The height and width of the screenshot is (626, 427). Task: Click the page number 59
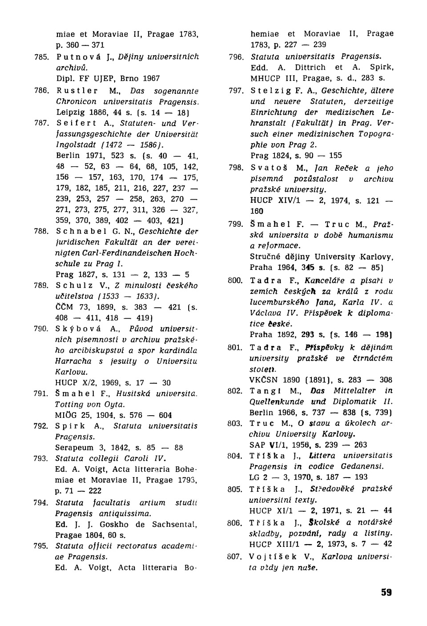tap(386, 592)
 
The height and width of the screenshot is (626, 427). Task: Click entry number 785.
tap(41, 57)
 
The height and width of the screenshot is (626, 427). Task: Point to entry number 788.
tap(41, 232)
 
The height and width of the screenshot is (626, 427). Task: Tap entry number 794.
tap(41, 503)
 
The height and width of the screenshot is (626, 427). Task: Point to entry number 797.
tap(236, 91)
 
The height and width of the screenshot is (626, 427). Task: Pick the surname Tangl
tap(264, 391)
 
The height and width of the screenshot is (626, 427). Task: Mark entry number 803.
tap(235, 423)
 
